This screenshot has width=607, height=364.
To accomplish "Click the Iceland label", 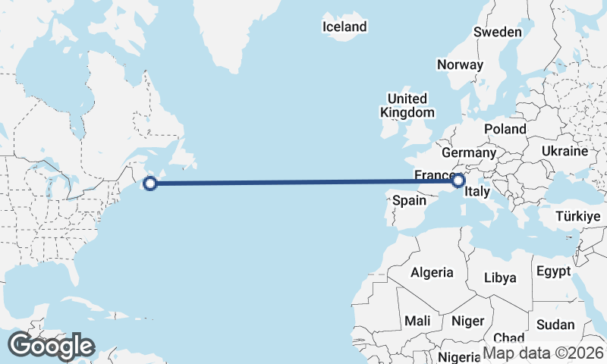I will coord(344,27).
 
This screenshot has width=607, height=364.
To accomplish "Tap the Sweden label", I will coord(497,32).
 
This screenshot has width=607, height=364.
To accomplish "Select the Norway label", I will coord(460,64).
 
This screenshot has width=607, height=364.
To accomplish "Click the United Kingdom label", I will coord(407,105).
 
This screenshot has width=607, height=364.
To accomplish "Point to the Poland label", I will coord(505,129).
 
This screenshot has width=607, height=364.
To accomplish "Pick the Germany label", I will coord(467,152).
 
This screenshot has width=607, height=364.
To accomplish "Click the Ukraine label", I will coord(565,151).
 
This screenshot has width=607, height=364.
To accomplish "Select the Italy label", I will coord(476,191).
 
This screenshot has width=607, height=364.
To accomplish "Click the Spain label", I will coord(408,202).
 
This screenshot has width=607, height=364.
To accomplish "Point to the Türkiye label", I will coord(577,216).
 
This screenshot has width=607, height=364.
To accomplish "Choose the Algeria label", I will coord(432,272).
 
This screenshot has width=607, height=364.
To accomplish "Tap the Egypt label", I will coord(552,271).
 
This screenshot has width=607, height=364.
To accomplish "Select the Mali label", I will coord(417,321).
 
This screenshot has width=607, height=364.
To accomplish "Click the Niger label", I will coord(467,321).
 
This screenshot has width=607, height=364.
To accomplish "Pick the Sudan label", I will coord(555,325).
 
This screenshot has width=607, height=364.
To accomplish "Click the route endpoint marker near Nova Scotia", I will coord(150,183).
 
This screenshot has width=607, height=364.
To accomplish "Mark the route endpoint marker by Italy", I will coord(458,180).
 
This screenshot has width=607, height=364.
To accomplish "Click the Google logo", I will coord(51,346).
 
